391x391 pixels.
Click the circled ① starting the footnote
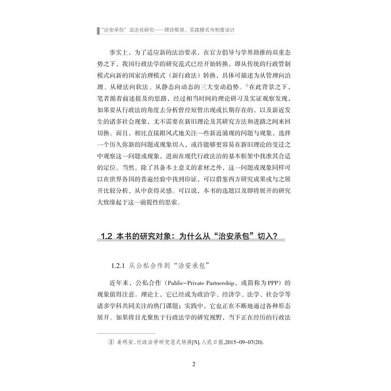click(110, 342)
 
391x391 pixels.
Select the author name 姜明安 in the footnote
click(125, 342)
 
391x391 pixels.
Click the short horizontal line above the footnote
click(119, 334)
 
